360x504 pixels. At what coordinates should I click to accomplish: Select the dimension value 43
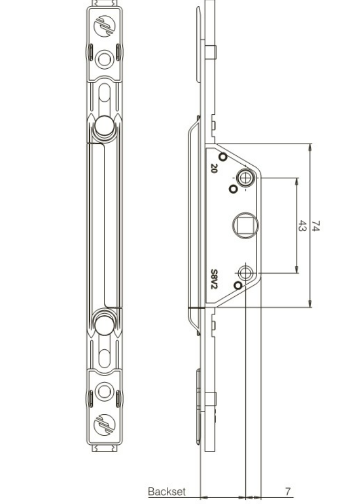[x=302, y=226]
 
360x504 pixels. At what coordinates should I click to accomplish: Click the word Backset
[x=166, y=491]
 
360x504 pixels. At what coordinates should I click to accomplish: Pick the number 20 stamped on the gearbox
[x=214, y=168]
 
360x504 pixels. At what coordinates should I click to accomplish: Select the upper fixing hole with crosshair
[x=244, y=178]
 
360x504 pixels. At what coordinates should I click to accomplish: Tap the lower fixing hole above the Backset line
[x=246, y=273]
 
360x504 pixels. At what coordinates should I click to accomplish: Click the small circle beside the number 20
[x=223, y=156]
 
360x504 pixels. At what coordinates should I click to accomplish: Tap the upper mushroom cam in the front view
[x=104, y=126]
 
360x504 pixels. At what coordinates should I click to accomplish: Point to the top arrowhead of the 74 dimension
[x=310, y=147]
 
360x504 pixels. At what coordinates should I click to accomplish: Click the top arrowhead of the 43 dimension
[x=297, y=181]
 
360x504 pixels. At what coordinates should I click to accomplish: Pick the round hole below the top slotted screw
[x=104, y=57]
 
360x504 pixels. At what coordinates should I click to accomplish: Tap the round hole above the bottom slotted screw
[x=104, y=391]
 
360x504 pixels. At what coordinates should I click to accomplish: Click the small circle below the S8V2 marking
[x=238, y=285]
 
